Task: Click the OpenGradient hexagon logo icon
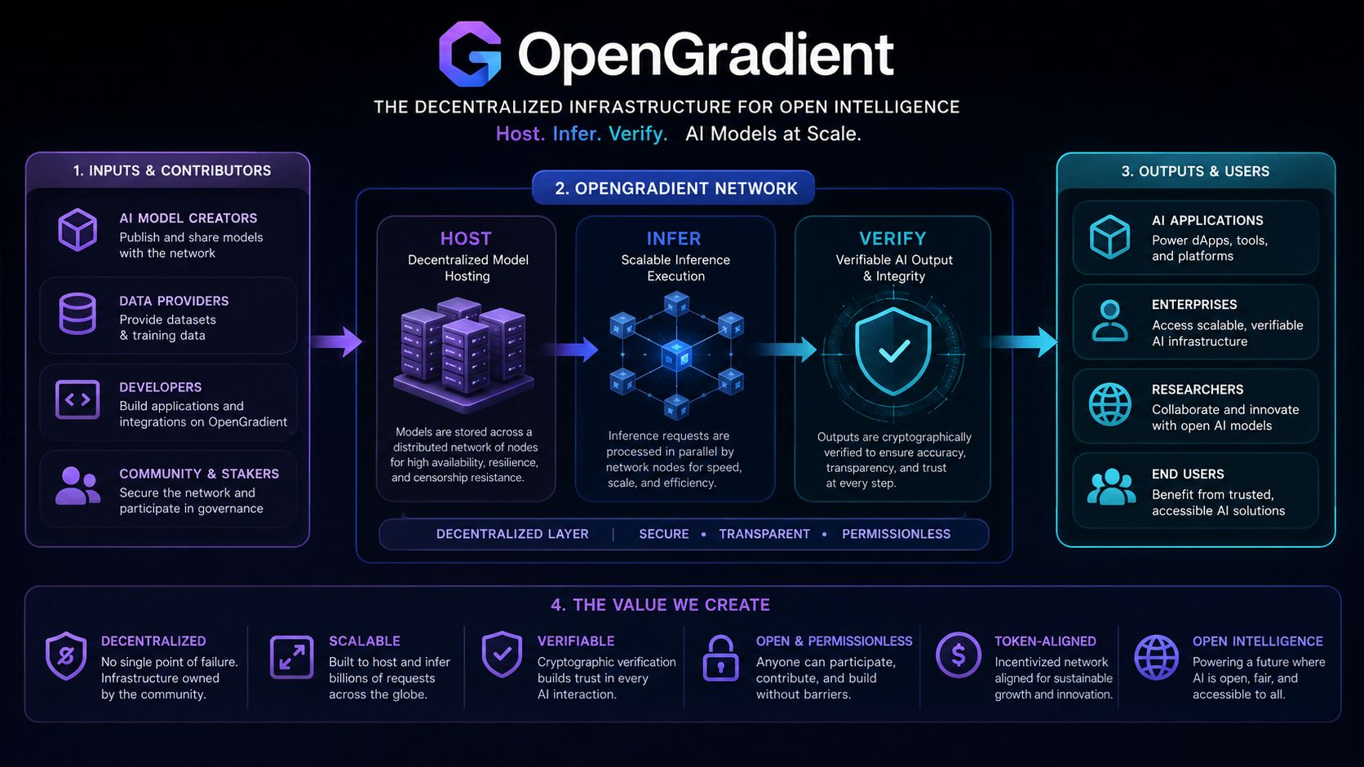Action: point(469,54)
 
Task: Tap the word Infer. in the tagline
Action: point(577,134)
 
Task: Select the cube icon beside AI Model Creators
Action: point(77,230)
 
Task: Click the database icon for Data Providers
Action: point(77,314)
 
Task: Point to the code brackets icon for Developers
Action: point(77,399)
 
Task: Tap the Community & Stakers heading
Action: point(199,474)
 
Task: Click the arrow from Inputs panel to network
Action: point(337,342)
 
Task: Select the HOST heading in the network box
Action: point(466,239)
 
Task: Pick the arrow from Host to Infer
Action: point(569,350)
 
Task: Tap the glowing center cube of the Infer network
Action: point(676,356)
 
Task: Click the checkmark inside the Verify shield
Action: point(894,351)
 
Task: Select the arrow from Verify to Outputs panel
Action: point(1023,342)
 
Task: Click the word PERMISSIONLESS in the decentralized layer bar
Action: point(896,534)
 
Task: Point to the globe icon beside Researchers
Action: point(1109,404)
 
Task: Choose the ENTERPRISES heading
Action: point(1194,305)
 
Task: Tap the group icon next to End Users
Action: point(1111,487)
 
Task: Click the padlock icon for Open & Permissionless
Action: point(720,658)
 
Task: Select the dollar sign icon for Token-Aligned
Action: point(958,655)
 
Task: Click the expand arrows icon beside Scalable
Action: point(292,657)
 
